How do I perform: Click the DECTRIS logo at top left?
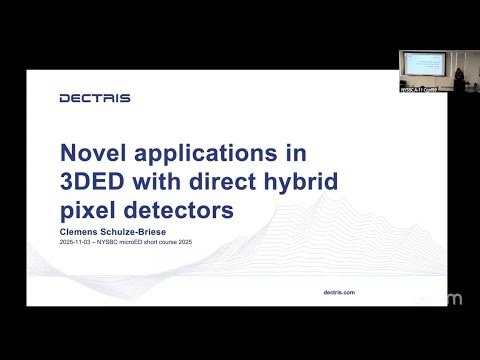click(x=94, y=98)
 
